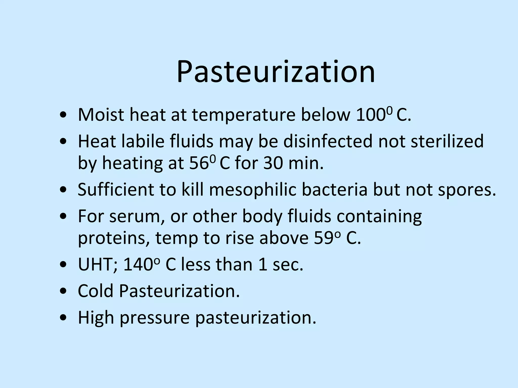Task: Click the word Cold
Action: coord(95,291)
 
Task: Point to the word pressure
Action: coord(155,318)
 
